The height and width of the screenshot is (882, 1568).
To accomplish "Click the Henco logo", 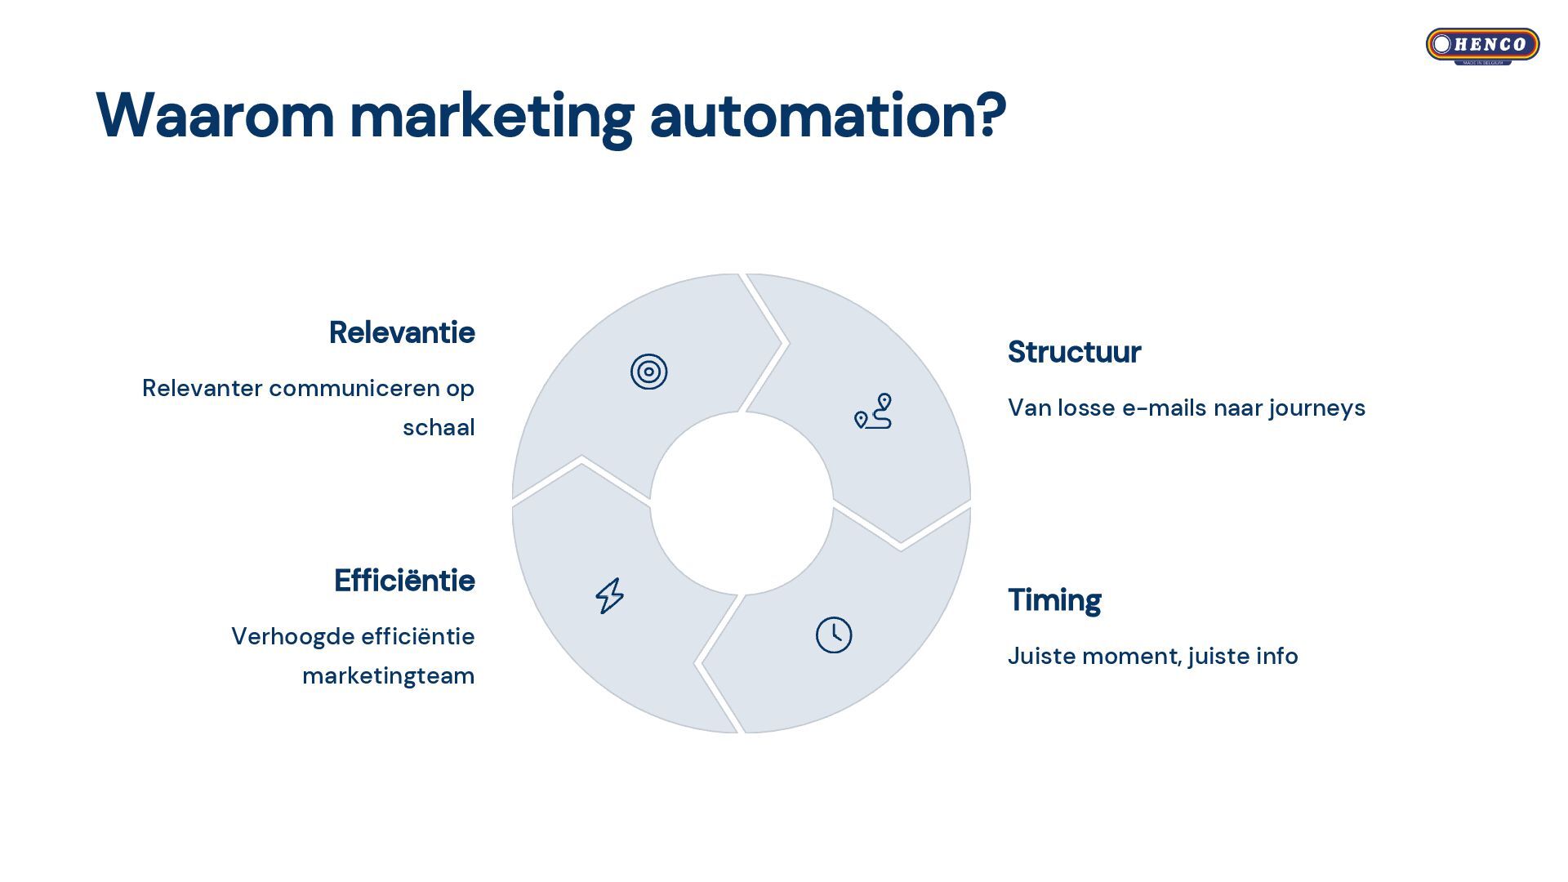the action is pyautogui.click(x=1482, y=45).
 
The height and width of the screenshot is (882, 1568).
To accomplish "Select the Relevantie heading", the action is pyautogui.click(x=401, y=333).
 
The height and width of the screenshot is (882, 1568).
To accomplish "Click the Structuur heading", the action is pyautogui.click(x=1074, y=353).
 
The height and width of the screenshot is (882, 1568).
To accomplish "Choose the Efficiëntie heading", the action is pyautogui.click(x=404, y=581).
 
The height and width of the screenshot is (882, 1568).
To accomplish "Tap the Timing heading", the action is pyautogui.click(x=1054, y=600).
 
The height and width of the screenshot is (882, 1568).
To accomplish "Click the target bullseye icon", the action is pyautogui.click(x=649, y=372).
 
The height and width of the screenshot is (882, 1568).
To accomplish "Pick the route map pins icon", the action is pyautogui.click(x=873, y=412).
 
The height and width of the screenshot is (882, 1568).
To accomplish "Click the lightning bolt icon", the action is pyautogui.click(x=609, y=596).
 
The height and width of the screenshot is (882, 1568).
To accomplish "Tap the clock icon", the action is pyautogui.click(x=834, y=635).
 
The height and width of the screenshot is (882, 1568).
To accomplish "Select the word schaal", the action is pyautogui.click(x=439, y=428).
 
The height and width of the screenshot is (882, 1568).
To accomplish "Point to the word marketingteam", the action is pyautogui.click(x=388, y=676).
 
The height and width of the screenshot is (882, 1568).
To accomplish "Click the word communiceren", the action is pyautogui.click(x=354, y=389).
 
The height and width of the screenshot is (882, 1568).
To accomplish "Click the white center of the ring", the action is pyautogui.click(x=742, y=503).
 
